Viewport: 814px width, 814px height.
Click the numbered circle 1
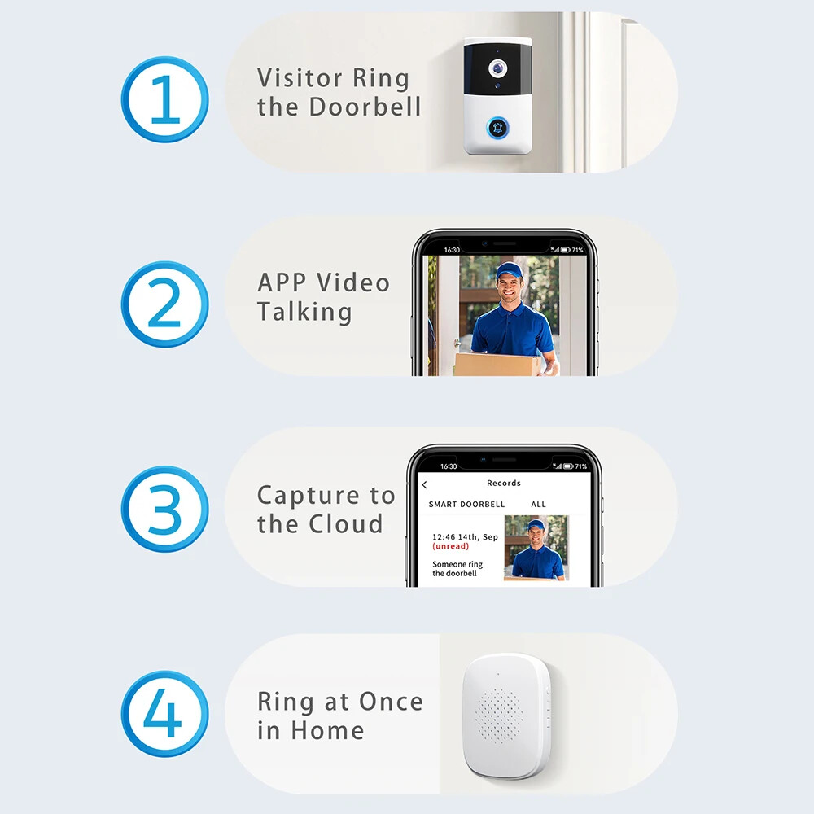[165, 99]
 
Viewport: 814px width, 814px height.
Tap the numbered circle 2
[165, 304]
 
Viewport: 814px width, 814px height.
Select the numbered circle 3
[165, 509]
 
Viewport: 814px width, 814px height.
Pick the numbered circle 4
[165, 714]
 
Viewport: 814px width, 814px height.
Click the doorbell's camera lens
[497, 68]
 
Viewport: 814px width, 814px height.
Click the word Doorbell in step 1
[365, 107]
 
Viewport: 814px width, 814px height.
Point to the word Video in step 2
[353, 283]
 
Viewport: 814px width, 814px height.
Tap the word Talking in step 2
[304, 313]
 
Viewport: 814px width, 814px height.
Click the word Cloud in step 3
[346, 523]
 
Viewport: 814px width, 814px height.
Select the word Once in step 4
[392, 702]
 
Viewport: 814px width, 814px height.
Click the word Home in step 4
[327, 730]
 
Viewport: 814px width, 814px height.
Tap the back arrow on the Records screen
[425, 485]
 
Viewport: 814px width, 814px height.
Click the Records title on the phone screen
[504, 483]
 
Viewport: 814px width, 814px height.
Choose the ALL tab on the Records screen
[538, 504]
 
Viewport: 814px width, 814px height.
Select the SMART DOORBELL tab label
[466, 504]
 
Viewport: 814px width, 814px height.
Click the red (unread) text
[451, 546]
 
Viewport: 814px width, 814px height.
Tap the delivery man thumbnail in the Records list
[536, 548]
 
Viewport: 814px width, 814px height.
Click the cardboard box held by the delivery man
[496, 365]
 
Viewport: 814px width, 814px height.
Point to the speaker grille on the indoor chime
[498, 716]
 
